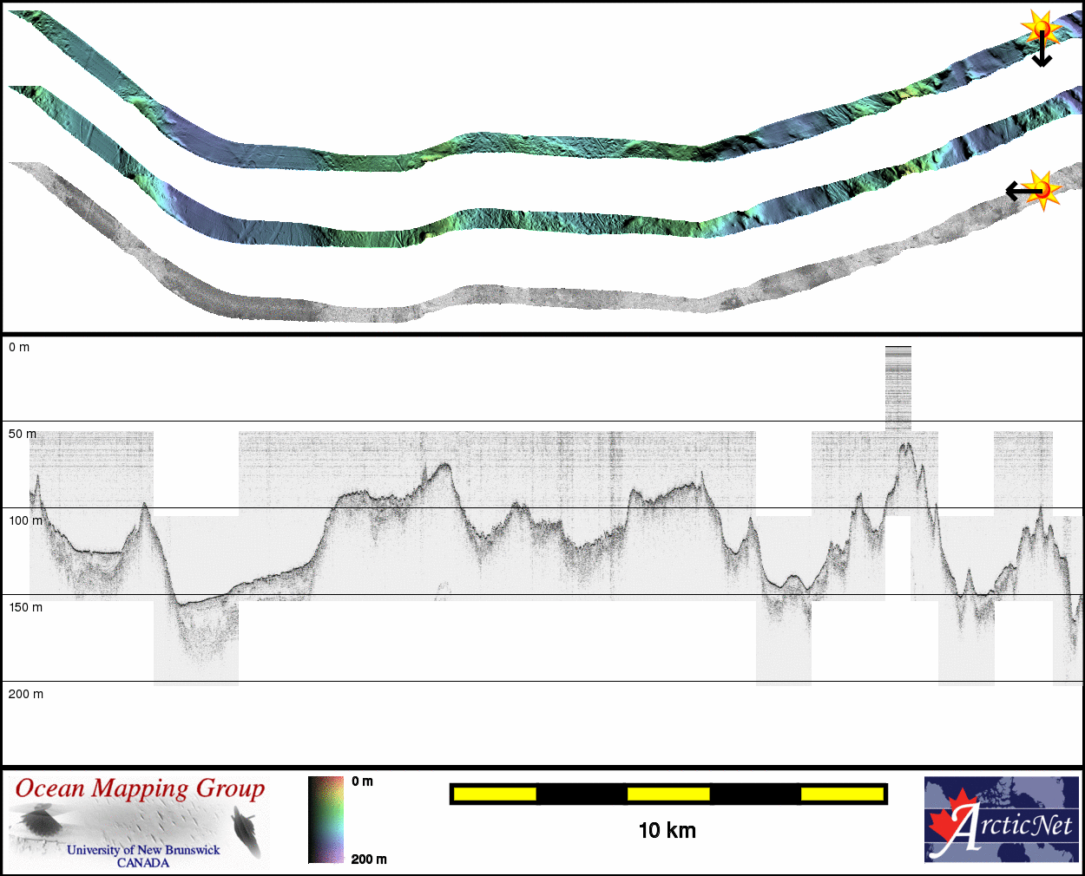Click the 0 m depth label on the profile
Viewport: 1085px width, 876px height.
pyautogui.click(x=19, y=347)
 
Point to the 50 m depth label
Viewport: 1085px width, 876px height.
pyautogui.click(x=22, y=434)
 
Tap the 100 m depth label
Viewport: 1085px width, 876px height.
pyautogui.click(x=25, y=520)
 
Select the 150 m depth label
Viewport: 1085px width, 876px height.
pyautogui.click(x=25, y=607)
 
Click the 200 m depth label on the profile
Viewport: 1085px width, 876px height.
pyautogui.click(x=25, y=694)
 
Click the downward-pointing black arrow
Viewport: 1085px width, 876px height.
pyautogui.click(x=1042, y=49)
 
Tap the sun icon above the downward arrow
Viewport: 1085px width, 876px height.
pyautogui.click(x=1041, y=27)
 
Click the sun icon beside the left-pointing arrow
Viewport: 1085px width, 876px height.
pyautogui.click(x=1042, y=190)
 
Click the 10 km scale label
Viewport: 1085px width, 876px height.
pyautogui.click(x=667, y=831)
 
